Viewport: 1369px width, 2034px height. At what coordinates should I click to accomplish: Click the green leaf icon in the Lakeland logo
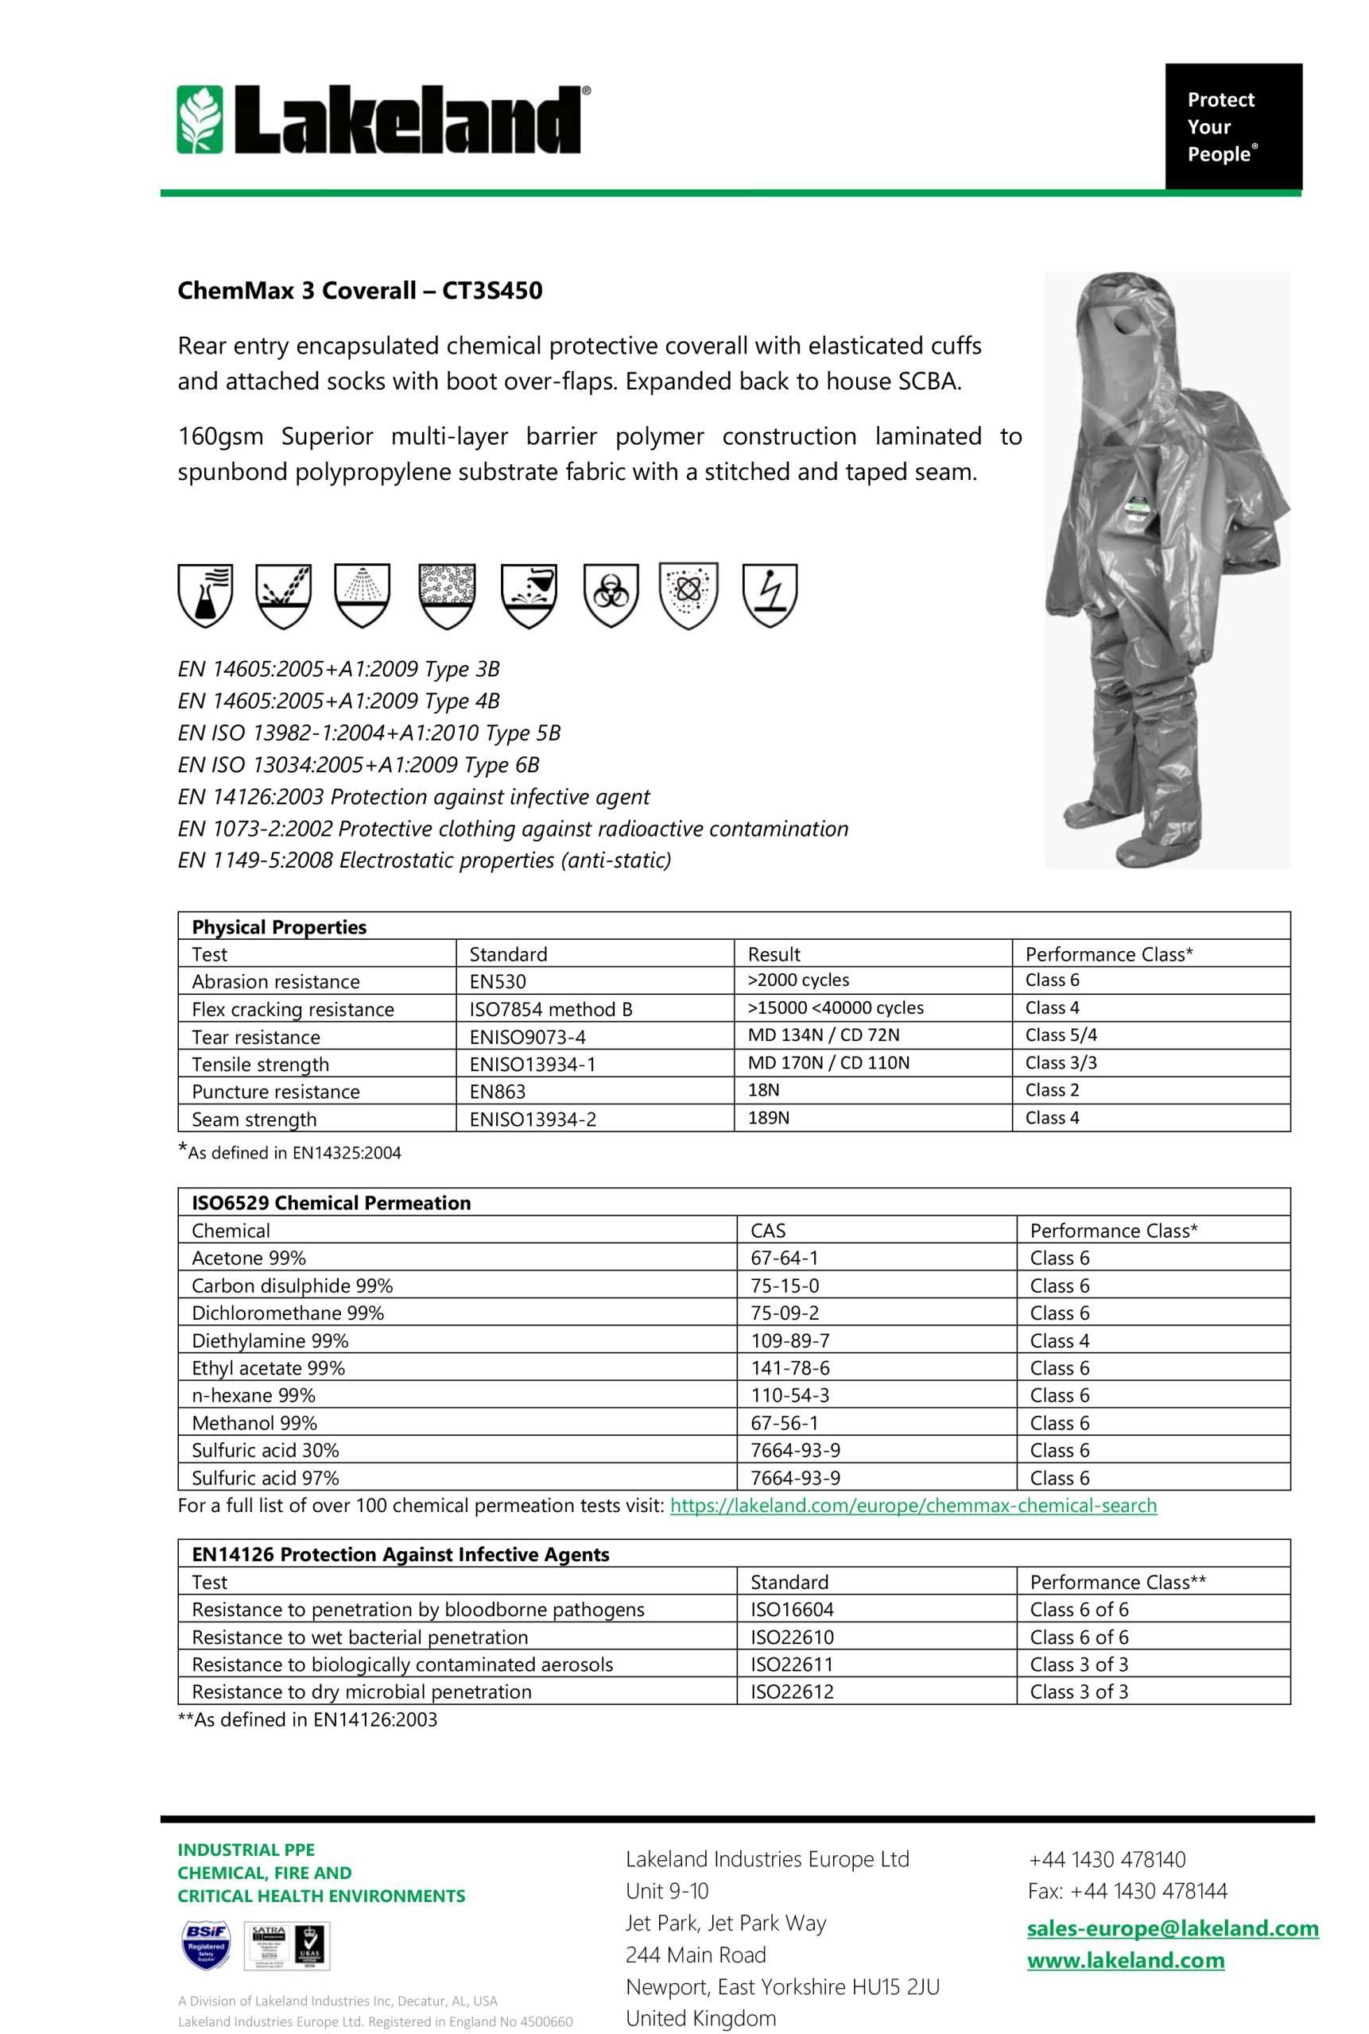coord(200,119)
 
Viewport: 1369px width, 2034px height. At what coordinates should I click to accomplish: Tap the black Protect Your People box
coord(1233,126)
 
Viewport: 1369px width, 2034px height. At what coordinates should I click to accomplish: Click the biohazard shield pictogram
coord(611,595)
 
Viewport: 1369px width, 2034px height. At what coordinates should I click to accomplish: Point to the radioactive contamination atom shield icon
coord(688,595)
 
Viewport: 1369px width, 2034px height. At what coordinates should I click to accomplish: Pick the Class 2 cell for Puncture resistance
coord(1052,1090)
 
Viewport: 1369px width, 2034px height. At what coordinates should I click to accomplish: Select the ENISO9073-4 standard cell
coord(527,1037)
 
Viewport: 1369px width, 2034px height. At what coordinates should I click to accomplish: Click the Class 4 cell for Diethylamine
coord(1059,1340)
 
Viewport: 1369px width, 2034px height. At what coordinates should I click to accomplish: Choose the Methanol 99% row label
coord(254,1422)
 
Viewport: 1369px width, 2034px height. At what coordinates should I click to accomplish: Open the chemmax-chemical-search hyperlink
coord(913,1505)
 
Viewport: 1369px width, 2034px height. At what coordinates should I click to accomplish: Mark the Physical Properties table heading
coord(278,926)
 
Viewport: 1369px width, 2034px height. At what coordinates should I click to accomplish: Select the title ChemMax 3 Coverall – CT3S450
coord(359,291)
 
